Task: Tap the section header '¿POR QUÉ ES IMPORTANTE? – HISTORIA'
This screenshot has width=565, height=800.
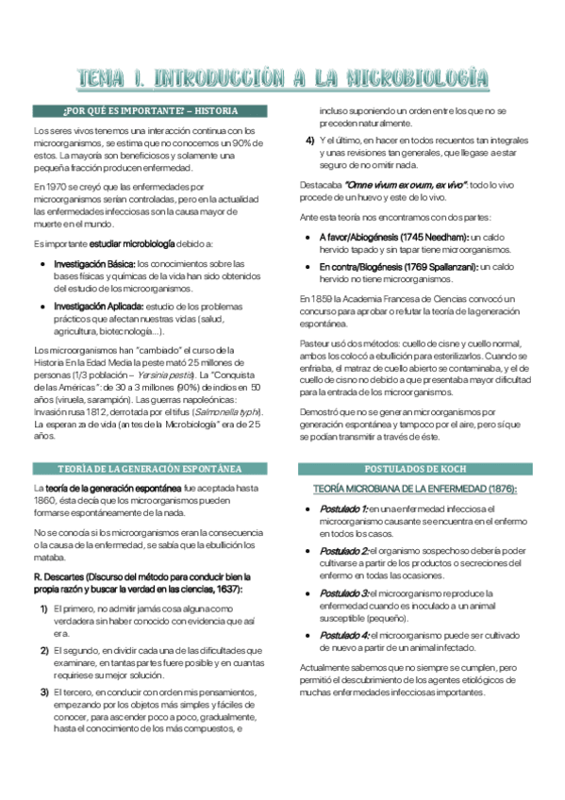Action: pyautogui.click(x=150, y=111)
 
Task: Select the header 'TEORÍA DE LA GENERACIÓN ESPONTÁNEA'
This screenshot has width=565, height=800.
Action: pyautogui.click(x=150, y=468)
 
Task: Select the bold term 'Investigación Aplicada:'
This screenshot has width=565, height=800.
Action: pyautogui.click(x=98, y=307)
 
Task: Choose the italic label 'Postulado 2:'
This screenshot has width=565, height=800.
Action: pyautogui.click(x=344, y=551)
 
